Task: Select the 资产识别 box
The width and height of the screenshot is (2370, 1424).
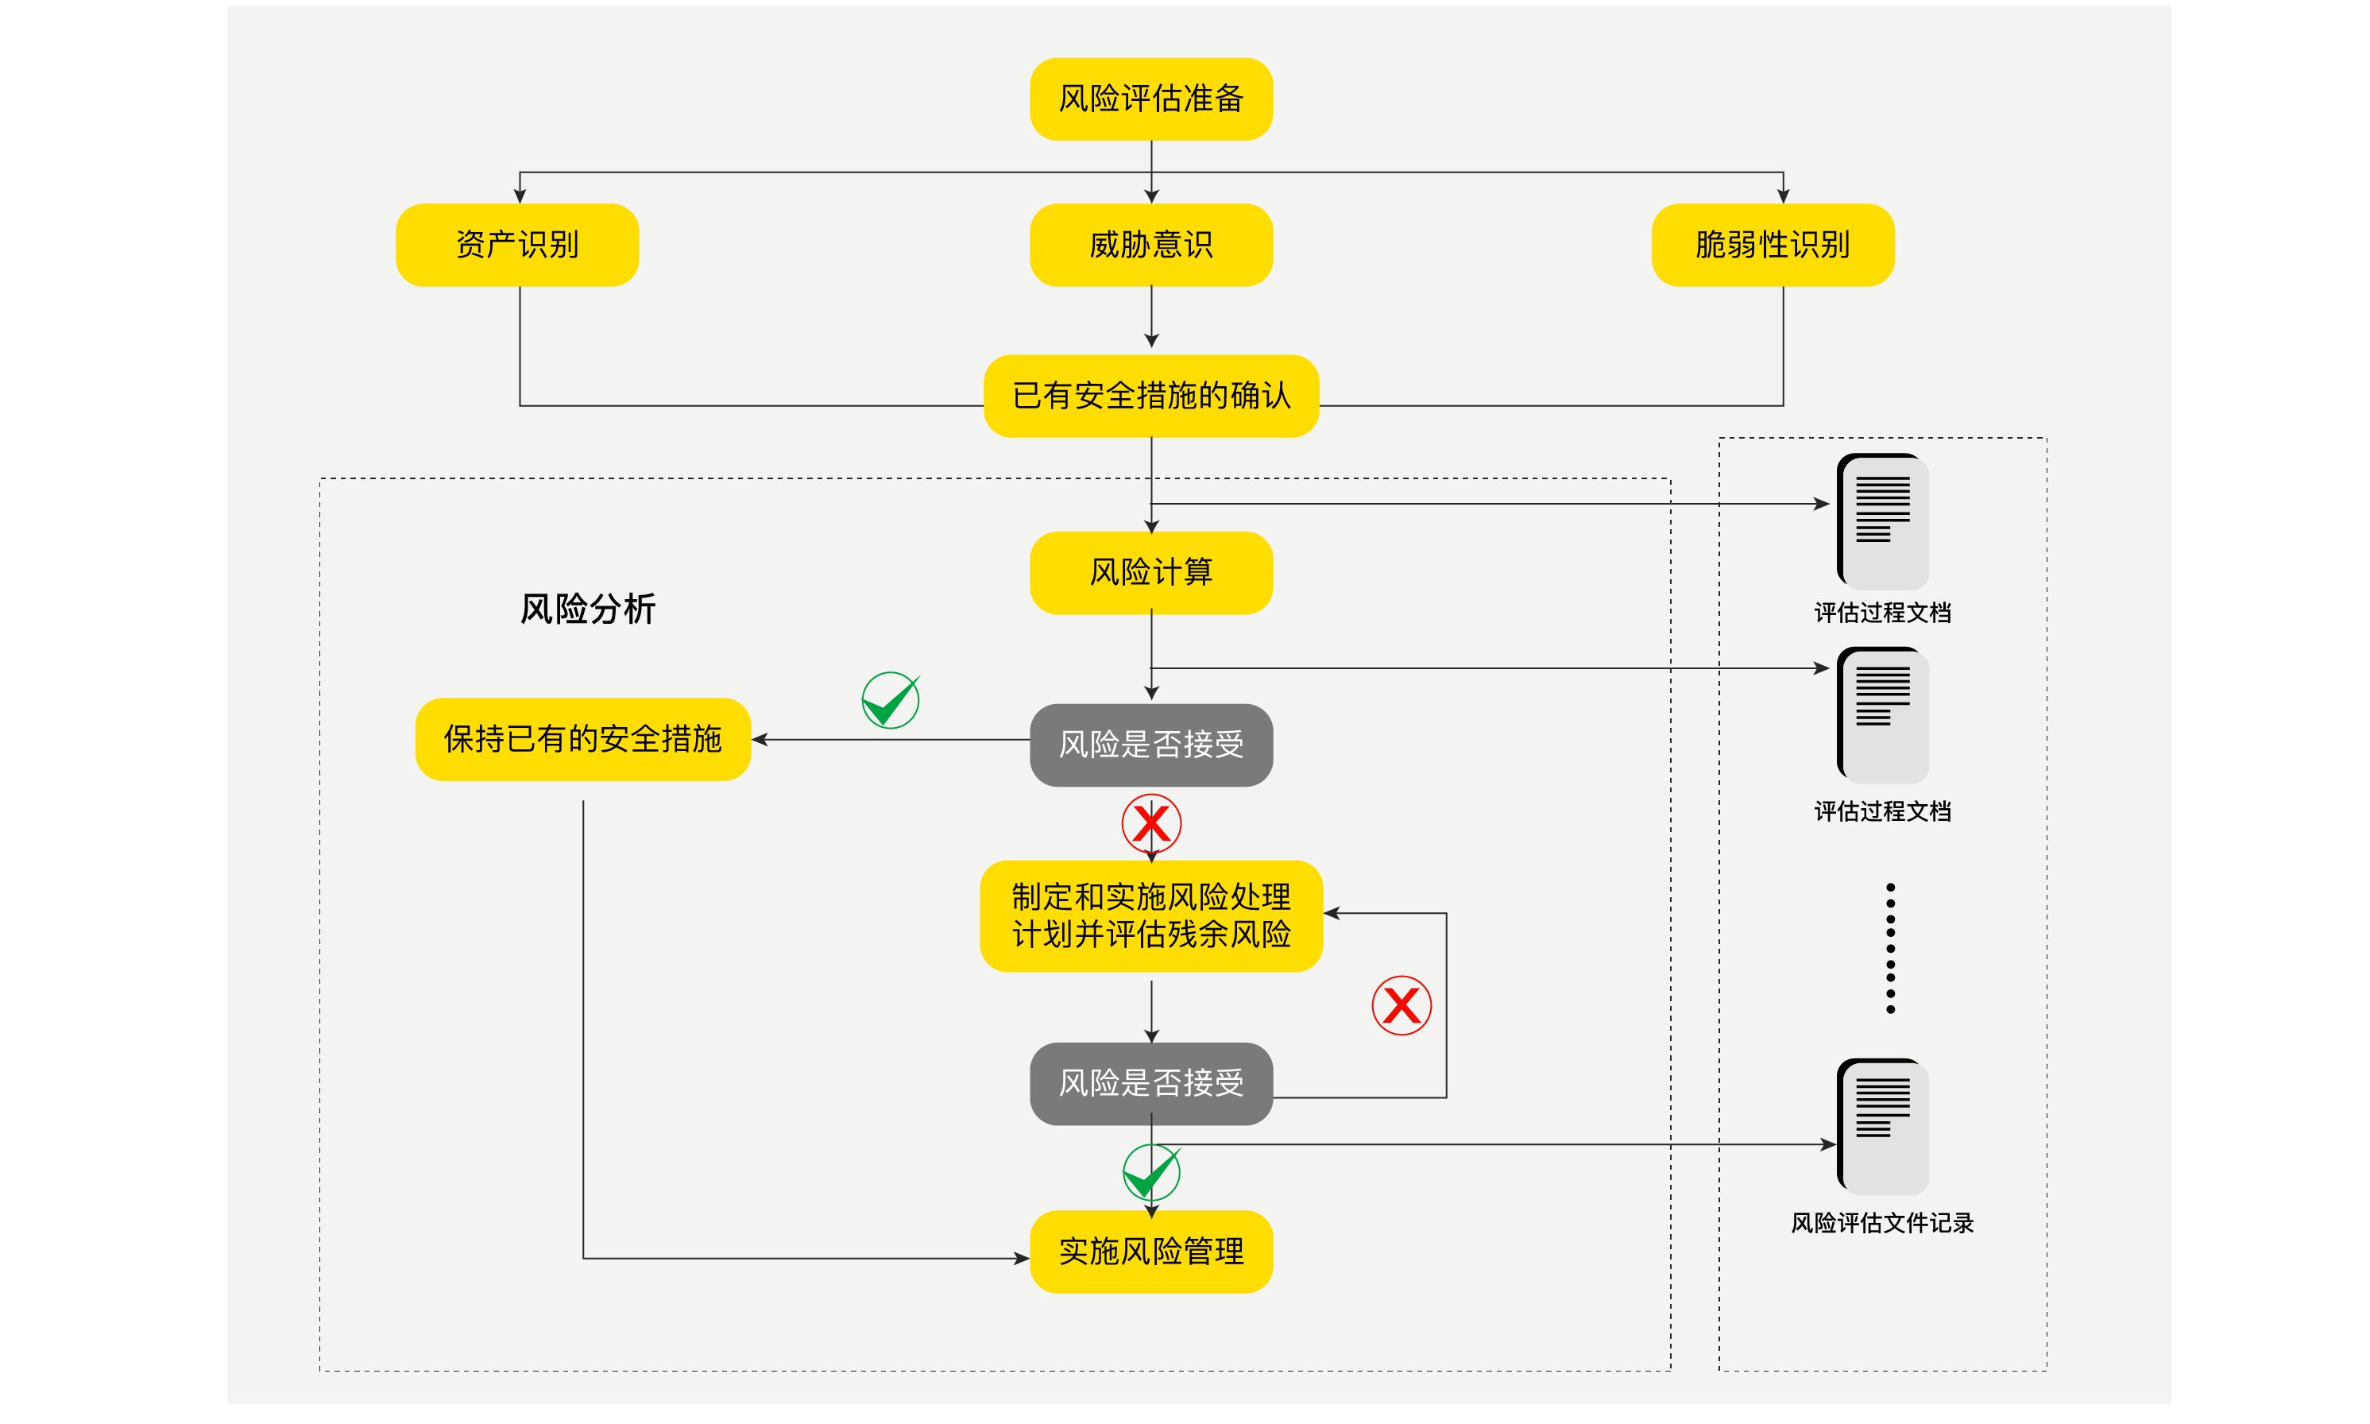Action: point(517,245)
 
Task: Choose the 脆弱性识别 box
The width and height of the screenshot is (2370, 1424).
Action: point(1772,245)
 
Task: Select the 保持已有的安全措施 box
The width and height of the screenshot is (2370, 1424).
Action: point(582,739)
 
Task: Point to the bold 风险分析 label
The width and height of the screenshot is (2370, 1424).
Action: point(587,609)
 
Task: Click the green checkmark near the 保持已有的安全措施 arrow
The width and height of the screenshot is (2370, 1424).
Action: point(890,701)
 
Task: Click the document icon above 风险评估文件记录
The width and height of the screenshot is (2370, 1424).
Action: point(1882,1125)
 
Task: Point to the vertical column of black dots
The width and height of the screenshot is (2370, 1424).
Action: point(1889,948)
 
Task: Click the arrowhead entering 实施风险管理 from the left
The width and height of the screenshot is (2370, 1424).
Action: point(1022,1258)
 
